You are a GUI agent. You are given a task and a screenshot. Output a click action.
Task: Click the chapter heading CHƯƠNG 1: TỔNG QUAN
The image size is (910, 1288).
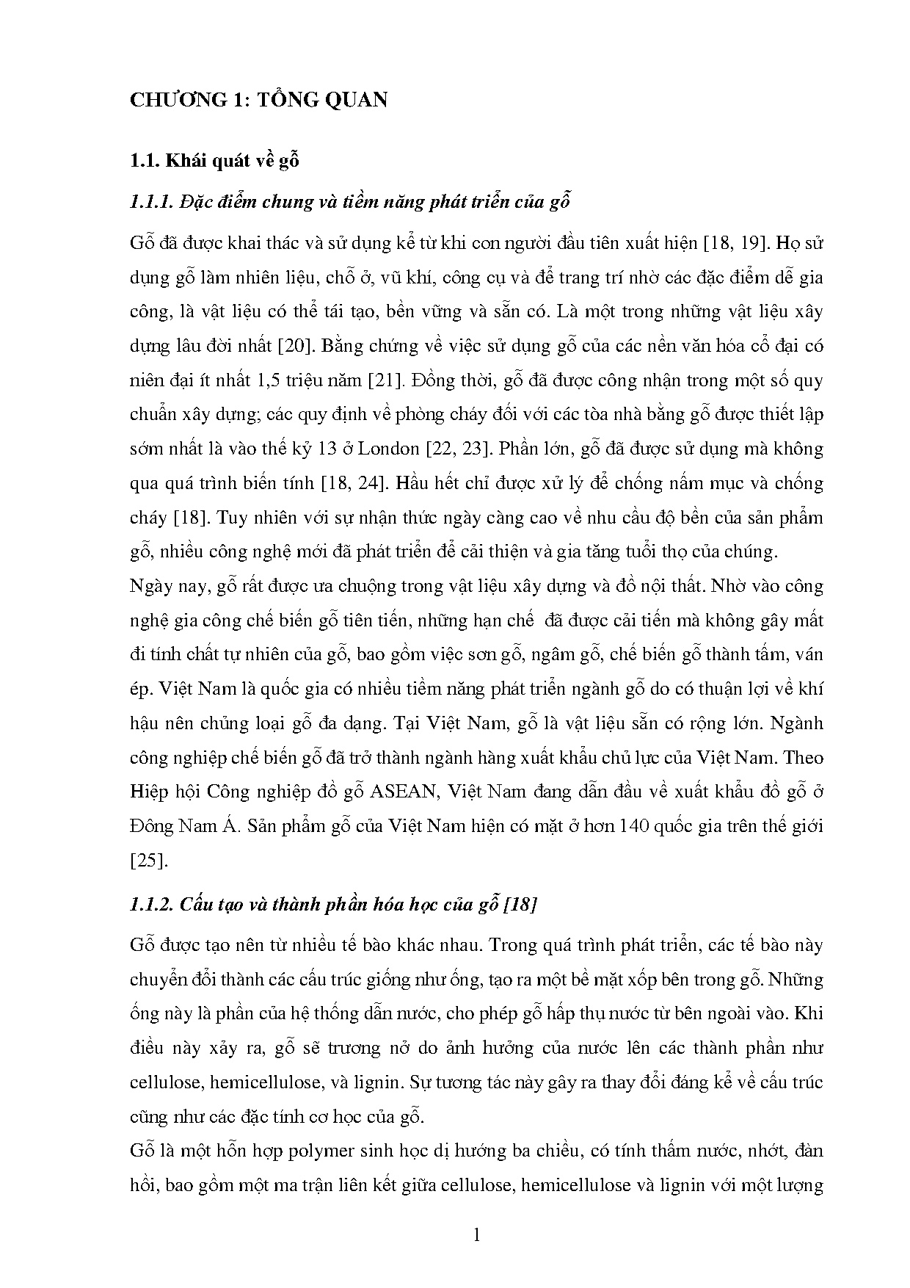coord(258,101)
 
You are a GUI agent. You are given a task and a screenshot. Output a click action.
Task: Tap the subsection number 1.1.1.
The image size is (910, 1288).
coord(150,202)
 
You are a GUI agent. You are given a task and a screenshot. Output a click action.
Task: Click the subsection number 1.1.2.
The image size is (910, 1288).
coord(150,905)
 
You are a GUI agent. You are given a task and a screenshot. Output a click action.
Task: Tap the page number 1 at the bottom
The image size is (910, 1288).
coord(477,1234)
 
